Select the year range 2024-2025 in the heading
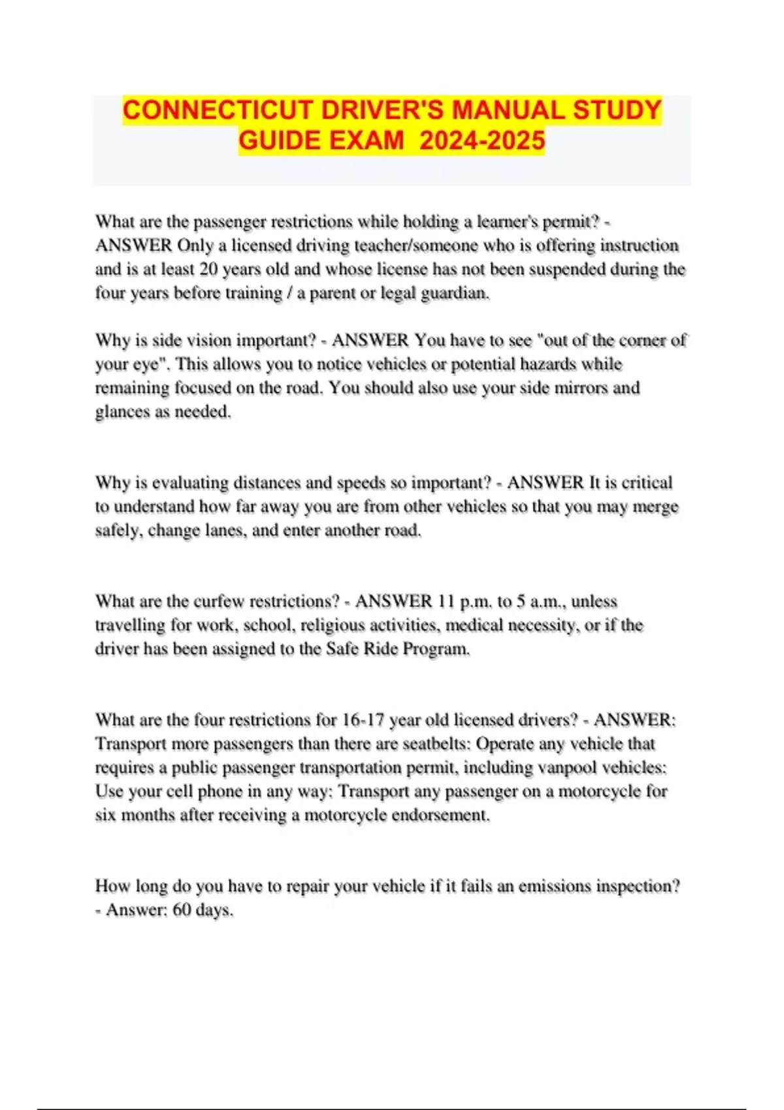[x=482, y=140]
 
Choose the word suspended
[x=564, y=269]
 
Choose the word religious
[x=332, y=626]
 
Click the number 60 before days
[x=182, y=910]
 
